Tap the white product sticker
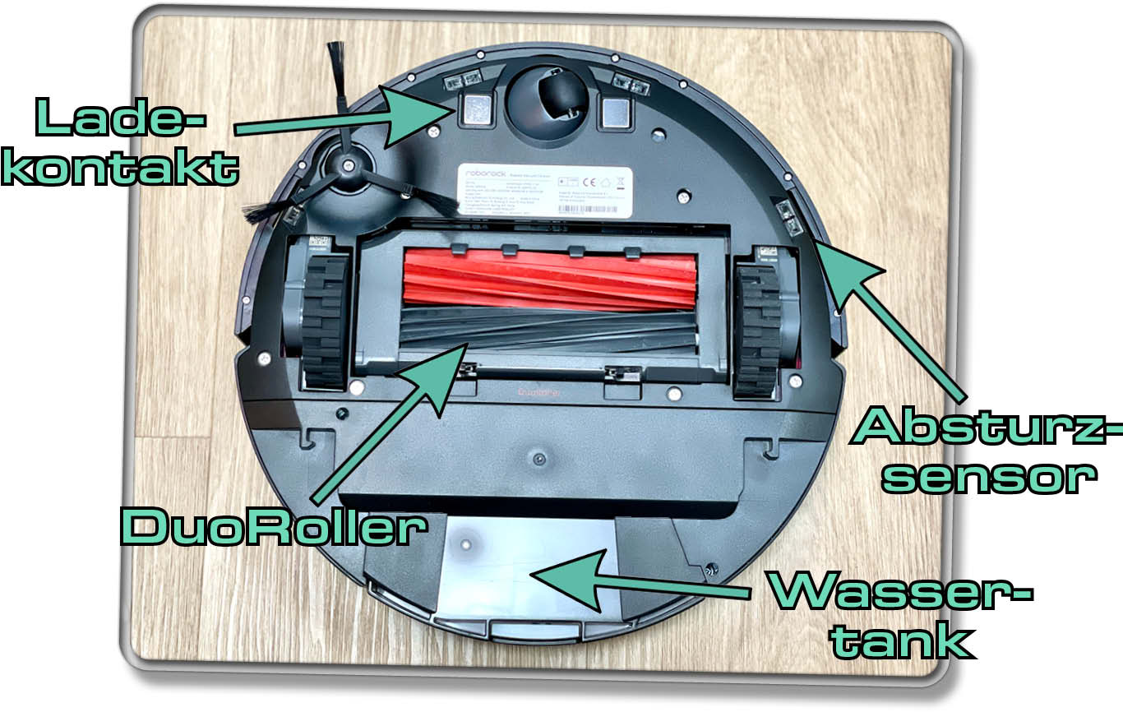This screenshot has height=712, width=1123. click(544, 192)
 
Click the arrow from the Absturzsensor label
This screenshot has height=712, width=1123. click(888, 317)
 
